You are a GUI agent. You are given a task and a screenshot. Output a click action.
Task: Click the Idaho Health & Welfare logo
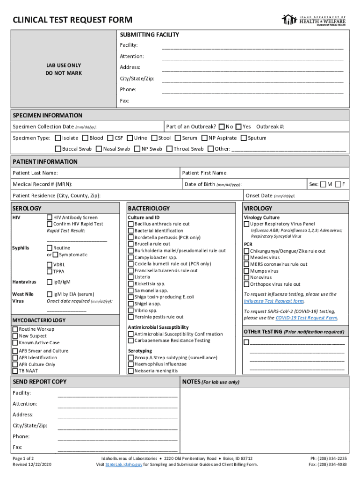[x=313, y=20]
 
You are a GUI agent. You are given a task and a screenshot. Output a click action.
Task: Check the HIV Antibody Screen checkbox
[x=50, y=218]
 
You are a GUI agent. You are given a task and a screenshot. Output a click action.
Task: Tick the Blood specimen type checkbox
[x=85, y=138]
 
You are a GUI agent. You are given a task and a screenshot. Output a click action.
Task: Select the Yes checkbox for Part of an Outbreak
[x=238, y=127]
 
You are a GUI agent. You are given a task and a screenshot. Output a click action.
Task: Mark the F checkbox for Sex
[x=338, y=184]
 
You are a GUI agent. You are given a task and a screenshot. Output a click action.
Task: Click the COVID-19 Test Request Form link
[x=306, y=318]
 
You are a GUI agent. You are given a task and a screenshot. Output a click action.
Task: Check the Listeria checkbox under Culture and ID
[x=131, y=277]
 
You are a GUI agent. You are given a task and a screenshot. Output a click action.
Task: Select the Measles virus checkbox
[x=246, y=258]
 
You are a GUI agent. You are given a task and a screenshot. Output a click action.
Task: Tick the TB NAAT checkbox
[x=15, y=371]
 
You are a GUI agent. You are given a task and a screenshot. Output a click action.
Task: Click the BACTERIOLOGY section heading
[x=149, y=208]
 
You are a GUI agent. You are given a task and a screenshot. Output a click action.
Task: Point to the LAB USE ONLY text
[x=63, y=65]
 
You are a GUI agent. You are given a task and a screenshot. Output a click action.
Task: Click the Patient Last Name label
[x=35, y=173]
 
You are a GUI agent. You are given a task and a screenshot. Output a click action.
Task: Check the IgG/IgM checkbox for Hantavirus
[x=50, y=282]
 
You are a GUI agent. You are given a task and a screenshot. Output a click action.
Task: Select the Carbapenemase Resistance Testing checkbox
[x=131, y=341]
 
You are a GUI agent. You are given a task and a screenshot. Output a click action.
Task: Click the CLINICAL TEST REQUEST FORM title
[x=72, y=20]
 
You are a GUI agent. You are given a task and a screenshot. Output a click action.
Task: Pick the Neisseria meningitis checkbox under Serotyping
[x=131, y=371]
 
